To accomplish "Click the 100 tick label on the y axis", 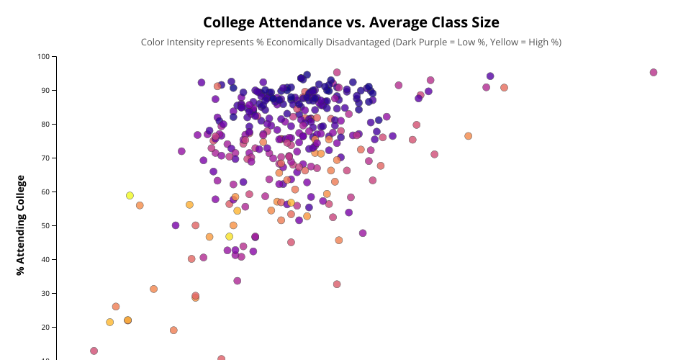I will click(x=45, y=56).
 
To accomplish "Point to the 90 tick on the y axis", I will click(x=47, y=90).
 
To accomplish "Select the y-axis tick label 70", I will click(x=47, y=158).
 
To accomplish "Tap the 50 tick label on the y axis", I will click(x=47, y=225).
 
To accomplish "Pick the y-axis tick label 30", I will click(x=47, y=293).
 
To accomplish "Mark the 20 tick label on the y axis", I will click(x=47, y=327).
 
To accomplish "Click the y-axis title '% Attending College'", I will click(x=21, y=225).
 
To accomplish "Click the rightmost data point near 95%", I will click(x=654, y=73).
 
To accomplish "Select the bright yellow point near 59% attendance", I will click(x=130, y=195).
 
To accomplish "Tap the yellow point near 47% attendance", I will click(x=230, y=236).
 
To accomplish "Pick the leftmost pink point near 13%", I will click(x=94, y=351).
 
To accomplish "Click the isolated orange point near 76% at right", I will click(x=468, y=136).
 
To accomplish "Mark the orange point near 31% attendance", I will click(x=153, y=289).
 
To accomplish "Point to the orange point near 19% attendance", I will click(x=173, y=330).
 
